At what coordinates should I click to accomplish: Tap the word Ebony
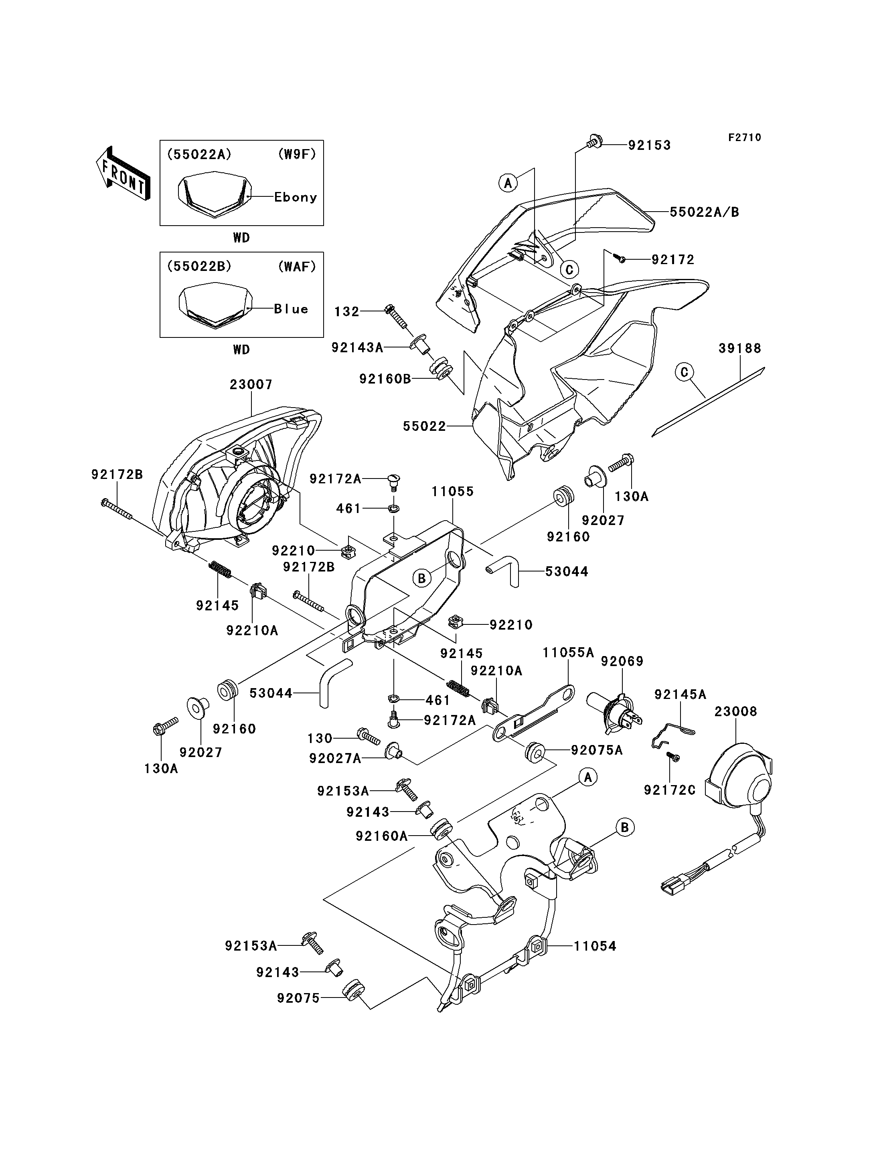pos(296,197)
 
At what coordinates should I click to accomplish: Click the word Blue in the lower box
pos(291,309)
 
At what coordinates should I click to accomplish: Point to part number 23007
pos(251,384)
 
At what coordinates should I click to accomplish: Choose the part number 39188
pos(740,348)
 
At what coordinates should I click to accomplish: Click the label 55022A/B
pos(704,212)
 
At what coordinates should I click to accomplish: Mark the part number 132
pos(347,312)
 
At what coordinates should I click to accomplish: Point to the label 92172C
pos(669,790)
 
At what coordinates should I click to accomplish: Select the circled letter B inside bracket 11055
pos(422,578)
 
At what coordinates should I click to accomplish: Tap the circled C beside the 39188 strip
pos(684,372)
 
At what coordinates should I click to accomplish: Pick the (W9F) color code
pos(297,154)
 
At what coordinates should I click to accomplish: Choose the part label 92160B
pos(385,379)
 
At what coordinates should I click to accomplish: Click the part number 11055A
pos(568,653)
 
